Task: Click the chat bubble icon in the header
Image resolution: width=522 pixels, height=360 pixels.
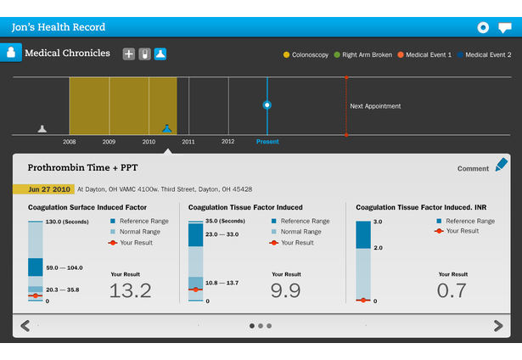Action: coord(504,27)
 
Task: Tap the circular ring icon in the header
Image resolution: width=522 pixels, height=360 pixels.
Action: coord(483,27)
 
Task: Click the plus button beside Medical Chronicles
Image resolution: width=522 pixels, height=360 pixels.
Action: coord(129,53)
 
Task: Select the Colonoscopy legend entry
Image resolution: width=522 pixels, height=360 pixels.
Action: coord(306,55)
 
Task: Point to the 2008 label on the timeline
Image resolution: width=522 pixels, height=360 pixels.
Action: coord(69,142)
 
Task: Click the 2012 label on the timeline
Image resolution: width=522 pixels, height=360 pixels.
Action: coord(227,142)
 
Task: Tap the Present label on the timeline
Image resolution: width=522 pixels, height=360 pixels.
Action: coord(267,142)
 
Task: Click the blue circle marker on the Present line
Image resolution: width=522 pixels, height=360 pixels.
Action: coord(267,105)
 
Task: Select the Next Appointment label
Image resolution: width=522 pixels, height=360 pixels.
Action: coord(375,106)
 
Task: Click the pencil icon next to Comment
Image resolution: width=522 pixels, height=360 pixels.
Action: coord(502,165)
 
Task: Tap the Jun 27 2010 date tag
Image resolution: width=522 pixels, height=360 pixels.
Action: coord(43,188)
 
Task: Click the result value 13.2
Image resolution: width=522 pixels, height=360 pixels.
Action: coord(131,291)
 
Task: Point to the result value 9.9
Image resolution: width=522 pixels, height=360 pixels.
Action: coord(286,291)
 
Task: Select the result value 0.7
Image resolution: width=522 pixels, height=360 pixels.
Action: coord(453,291)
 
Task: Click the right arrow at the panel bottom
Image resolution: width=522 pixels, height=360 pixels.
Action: coord(498,325)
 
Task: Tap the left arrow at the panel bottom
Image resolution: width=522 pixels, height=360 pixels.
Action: coord(25,325)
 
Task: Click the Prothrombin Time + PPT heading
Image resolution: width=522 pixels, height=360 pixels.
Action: coord(81,168)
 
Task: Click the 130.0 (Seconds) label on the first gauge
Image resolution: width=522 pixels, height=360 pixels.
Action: coord(67,222)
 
